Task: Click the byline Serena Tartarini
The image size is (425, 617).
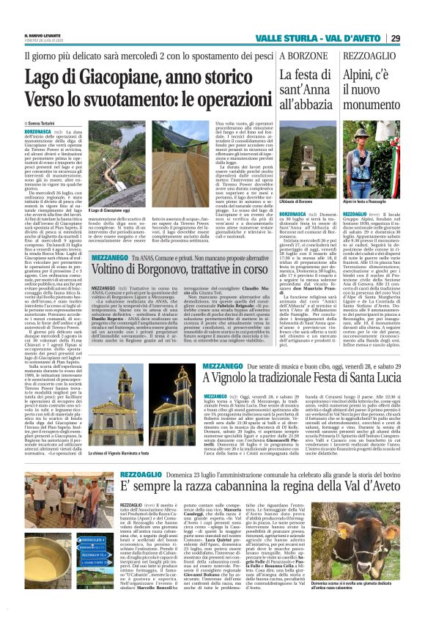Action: pos(37,117)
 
